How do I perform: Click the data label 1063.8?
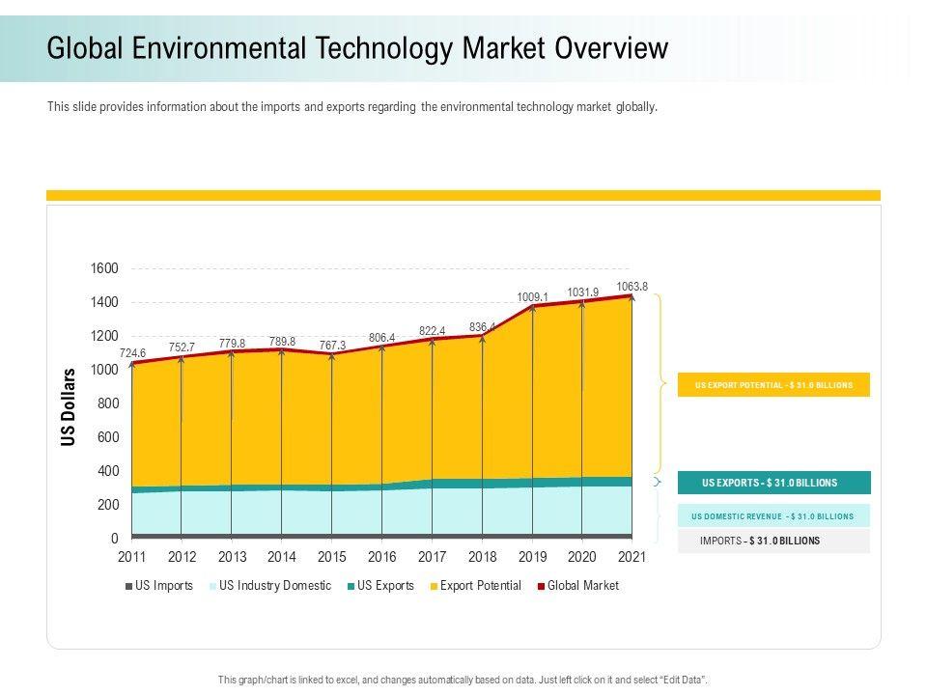pyautogui.click(x=632, y=286)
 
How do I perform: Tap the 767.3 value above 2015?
pyautogui.click(x=331, y=345)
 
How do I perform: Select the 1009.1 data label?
pyautogui.click(x=533, y=297)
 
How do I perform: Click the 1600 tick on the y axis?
pyautogui.click(x=105, y=268)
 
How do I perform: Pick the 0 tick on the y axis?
pyautogui.click(x=114, y=539)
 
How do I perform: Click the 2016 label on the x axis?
pyautogui.click(x=381, y=557)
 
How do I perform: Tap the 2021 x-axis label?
pyautogui.click(x=632, y=557)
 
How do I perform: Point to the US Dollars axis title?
pyautogui.click(x=69, y=407)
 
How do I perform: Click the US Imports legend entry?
pyautogui.click(x=163, y=586)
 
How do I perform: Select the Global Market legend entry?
pyautogui.click(x=582, y=586)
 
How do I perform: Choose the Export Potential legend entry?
pyautogui.click(x=480, y=586)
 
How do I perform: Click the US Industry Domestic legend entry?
pyautogui.click(x=274, y=586)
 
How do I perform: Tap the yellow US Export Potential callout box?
pyautogui.click(x=773, y=385)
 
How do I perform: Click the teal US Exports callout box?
pyautogui.click(x=773, y=483)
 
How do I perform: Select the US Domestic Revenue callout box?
pyautogui.click(x=773, y=516)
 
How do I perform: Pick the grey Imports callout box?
pyautogui.click(x=773, y=541)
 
